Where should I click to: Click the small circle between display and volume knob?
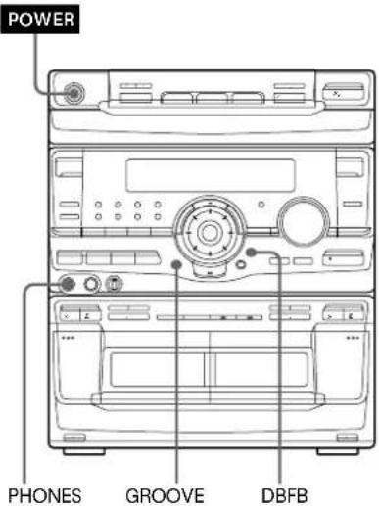pyautogui.click(x=261, y=205)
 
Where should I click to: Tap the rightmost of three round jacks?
pyautogui.click(x=115, y=286)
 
